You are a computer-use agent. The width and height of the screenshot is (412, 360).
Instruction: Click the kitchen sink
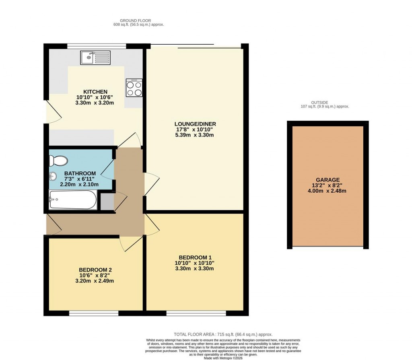point(95,58)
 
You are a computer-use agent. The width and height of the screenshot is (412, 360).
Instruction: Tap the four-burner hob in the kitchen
point(134,88)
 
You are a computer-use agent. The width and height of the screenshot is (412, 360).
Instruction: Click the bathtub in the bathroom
point(73,200)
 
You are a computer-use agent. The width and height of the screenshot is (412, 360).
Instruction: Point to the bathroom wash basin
point(52,176)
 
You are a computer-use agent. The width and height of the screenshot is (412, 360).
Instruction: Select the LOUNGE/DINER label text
point(196,124)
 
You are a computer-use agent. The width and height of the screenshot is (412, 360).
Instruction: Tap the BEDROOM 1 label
point(196,257)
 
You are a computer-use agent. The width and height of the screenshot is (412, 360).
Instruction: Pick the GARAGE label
point(328,180)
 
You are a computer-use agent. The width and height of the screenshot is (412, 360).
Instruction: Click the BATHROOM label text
point(80,173)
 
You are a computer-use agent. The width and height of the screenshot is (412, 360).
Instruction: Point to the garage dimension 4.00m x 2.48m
point(328,191)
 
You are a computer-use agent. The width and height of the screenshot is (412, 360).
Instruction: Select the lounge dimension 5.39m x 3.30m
point(196,135)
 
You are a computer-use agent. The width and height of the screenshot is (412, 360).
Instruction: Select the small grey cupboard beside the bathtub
point(107,202)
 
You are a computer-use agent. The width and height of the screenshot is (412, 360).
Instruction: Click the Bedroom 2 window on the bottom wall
point(94,313)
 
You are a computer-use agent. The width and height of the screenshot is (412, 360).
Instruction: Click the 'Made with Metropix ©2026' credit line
point(223,358)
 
